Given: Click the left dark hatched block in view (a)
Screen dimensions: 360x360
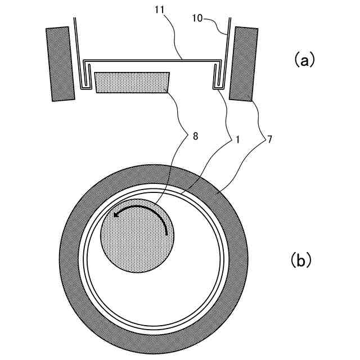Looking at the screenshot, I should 60,64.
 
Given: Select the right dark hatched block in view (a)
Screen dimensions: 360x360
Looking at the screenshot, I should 245,63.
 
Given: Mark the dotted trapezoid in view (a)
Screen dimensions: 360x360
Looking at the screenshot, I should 133,82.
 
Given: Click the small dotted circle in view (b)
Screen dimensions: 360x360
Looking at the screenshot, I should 137,237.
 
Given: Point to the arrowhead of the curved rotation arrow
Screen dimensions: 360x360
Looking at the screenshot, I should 116,214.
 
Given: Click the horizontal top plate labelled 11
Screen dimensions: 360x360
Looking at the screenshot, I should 152,60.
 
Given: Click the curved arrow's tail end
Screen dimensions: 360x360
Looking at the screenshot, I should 167,233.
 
